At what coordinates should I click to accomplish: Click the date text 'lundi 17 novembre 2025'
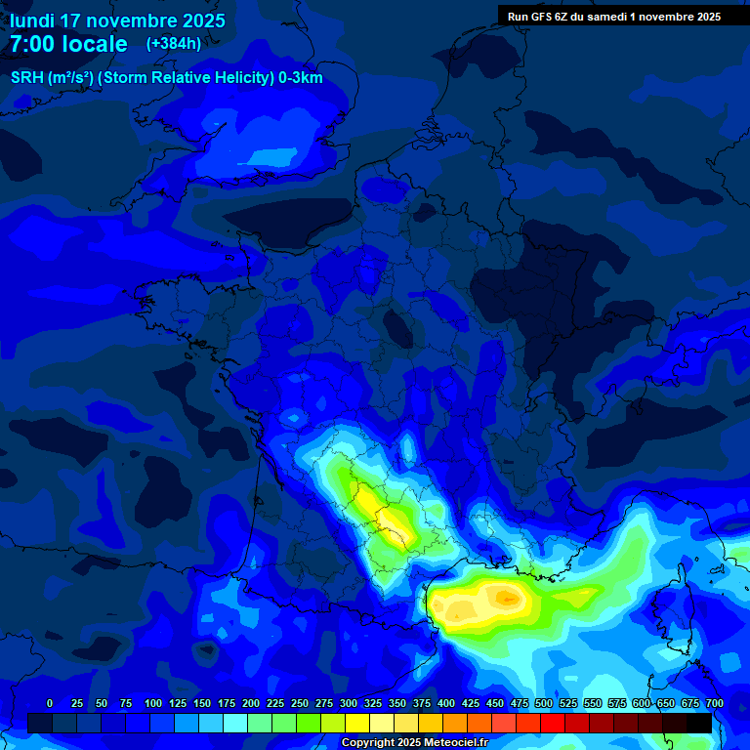click(117, 21)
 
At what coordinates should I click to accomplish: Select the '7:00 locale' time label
click(68, 44)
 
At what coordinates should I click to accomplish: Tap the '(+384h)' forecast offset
click(174, 44)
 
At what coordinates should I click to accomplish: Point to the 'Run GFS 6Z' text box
click(613, 16)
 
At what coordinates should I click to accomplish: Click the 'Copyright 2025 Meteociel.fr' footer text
click(414, 743)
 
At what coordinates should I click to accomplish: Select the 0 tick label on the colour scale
click(50, 703)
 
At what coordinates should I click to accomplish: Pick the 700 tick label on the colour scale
click(714, 703)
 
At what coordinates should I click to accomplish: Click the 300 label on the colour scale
click(349, 703)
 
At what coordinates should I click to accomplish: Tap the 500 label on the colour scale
click(544, 703)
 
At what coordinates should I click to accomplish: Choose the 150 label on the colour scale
click(202, 703)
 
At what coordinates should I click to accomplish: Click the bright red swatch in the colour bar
click(553, 723)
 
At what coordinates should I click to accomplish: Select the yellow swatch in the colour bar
click(357, 723)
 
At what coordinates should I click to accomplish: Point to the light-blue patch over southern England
click(276, 156)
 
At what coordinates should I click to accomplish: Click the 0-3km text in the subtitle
click(301, 78)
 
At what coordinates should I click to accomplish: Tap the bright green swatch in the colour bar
click(309, 723)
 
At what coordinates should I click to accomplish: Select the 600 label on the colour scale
click(642, 703)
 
